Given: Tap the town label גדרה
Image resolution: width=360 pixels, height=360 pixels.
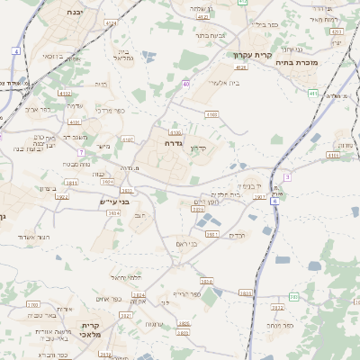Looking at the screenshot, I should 174,142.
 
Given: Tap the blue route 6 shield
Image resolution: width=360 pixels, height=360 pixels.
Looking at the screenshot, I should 274,202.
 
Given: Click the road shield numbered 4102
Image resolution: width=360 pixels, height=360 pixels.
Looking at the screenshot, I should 64,92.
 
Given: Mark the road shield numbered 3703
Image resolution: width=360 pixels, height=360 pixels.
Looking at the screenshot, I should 33,305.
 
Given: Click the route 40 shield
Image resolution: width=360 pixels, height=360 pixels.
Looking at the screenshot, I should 185,84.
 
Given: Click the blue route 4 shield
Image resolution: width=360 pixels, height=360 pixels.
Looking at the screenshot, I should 16,51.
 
